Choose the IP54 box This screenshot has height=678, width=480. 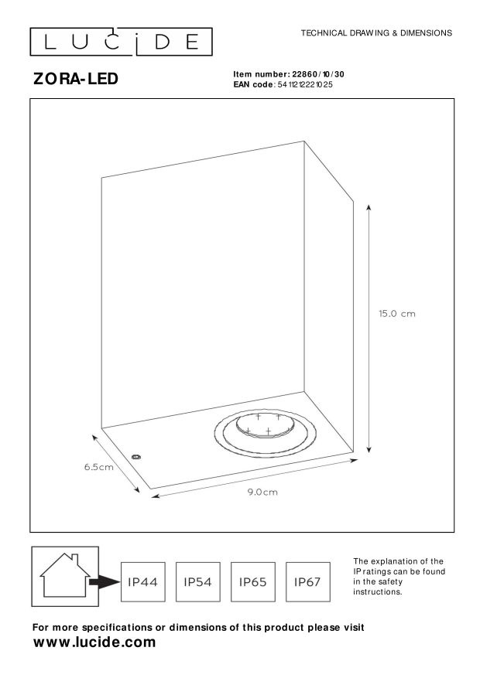pyautogui.click(x=198, y=581)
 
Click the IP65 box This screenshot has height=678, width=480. pyautogui.click(x=253, y=581)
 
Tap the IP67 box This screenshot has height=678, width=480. pyautogui.click(x=308, y=581)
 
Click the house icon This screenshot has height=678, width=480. pyautogui.click(x=64, y=576)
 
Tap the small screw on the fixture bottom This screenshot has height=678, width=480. pyautogui.click(x=136, y=457)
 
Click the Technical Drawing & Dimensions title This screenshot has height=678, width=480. pyautogui.click(x=375, y=33)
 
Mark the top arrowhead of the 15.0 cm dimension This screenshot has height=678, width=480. pyautogui.click(x=369, y=207)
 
